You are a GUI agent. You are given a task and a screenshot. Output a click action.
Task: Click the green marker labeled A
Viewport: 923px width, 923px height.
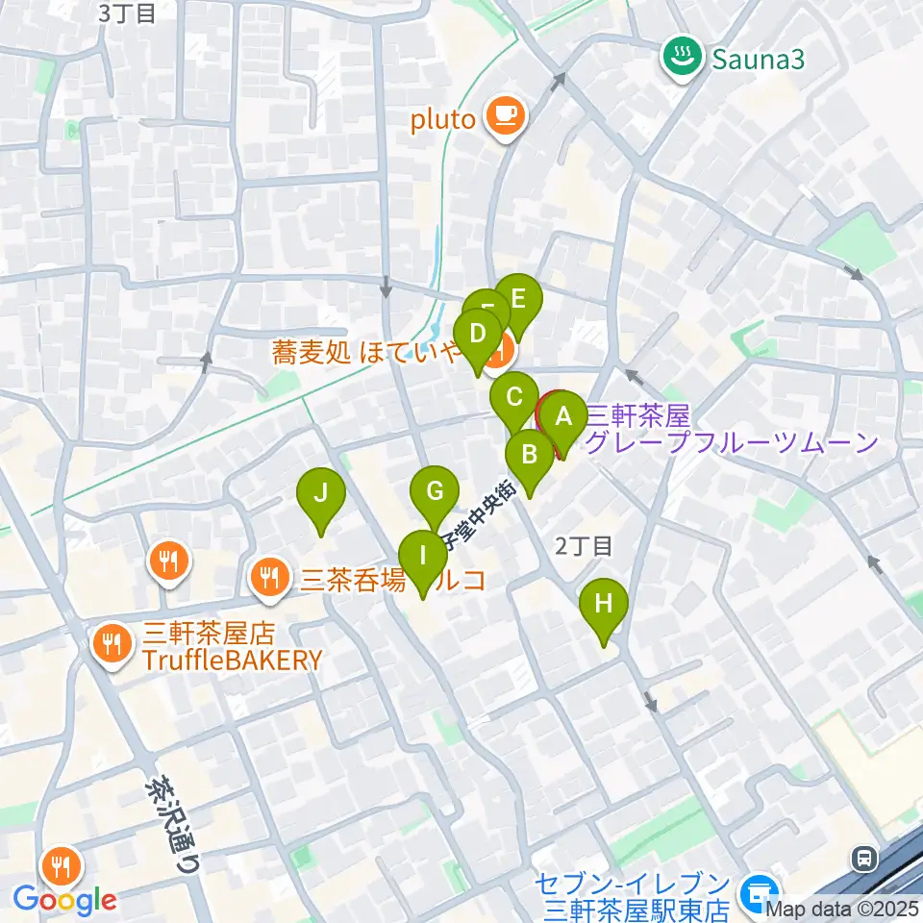[x=563, y=417]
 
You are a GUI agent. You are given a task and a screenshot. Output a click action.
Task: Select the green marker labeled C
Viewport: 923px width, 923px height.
[x=514, y=397]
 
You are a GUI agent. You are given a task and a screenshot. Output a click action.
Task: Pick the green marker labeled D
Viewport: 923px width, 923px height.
[x=477, y=335]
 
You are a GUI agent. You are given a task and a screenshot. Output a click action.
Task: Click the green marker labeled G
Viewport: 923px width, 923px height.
[x=435, y=492]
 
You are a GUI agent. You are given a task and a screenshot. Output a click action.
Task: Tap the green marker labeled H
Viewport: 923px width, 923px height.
[x=604, y=605]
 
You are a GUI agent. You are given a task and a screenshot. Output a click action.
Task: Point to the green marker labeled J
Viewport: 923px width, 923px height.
[x=321, y=494]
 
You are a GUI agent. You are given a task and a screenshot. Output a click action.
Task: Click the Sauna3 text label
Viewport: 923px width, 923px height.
[x=758, y=61]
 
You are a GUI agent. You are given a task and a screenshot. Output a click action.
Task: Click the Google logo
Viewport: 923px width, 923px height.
[x=64, y=900]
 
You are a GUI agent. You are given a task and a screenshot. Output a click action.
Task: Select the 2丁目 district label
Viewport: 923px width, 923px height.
[x=584, y=546]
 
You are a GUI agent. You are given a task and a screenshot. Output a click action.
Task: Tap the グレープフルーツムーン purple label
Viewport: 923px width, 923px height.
[x=733, y=442]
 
